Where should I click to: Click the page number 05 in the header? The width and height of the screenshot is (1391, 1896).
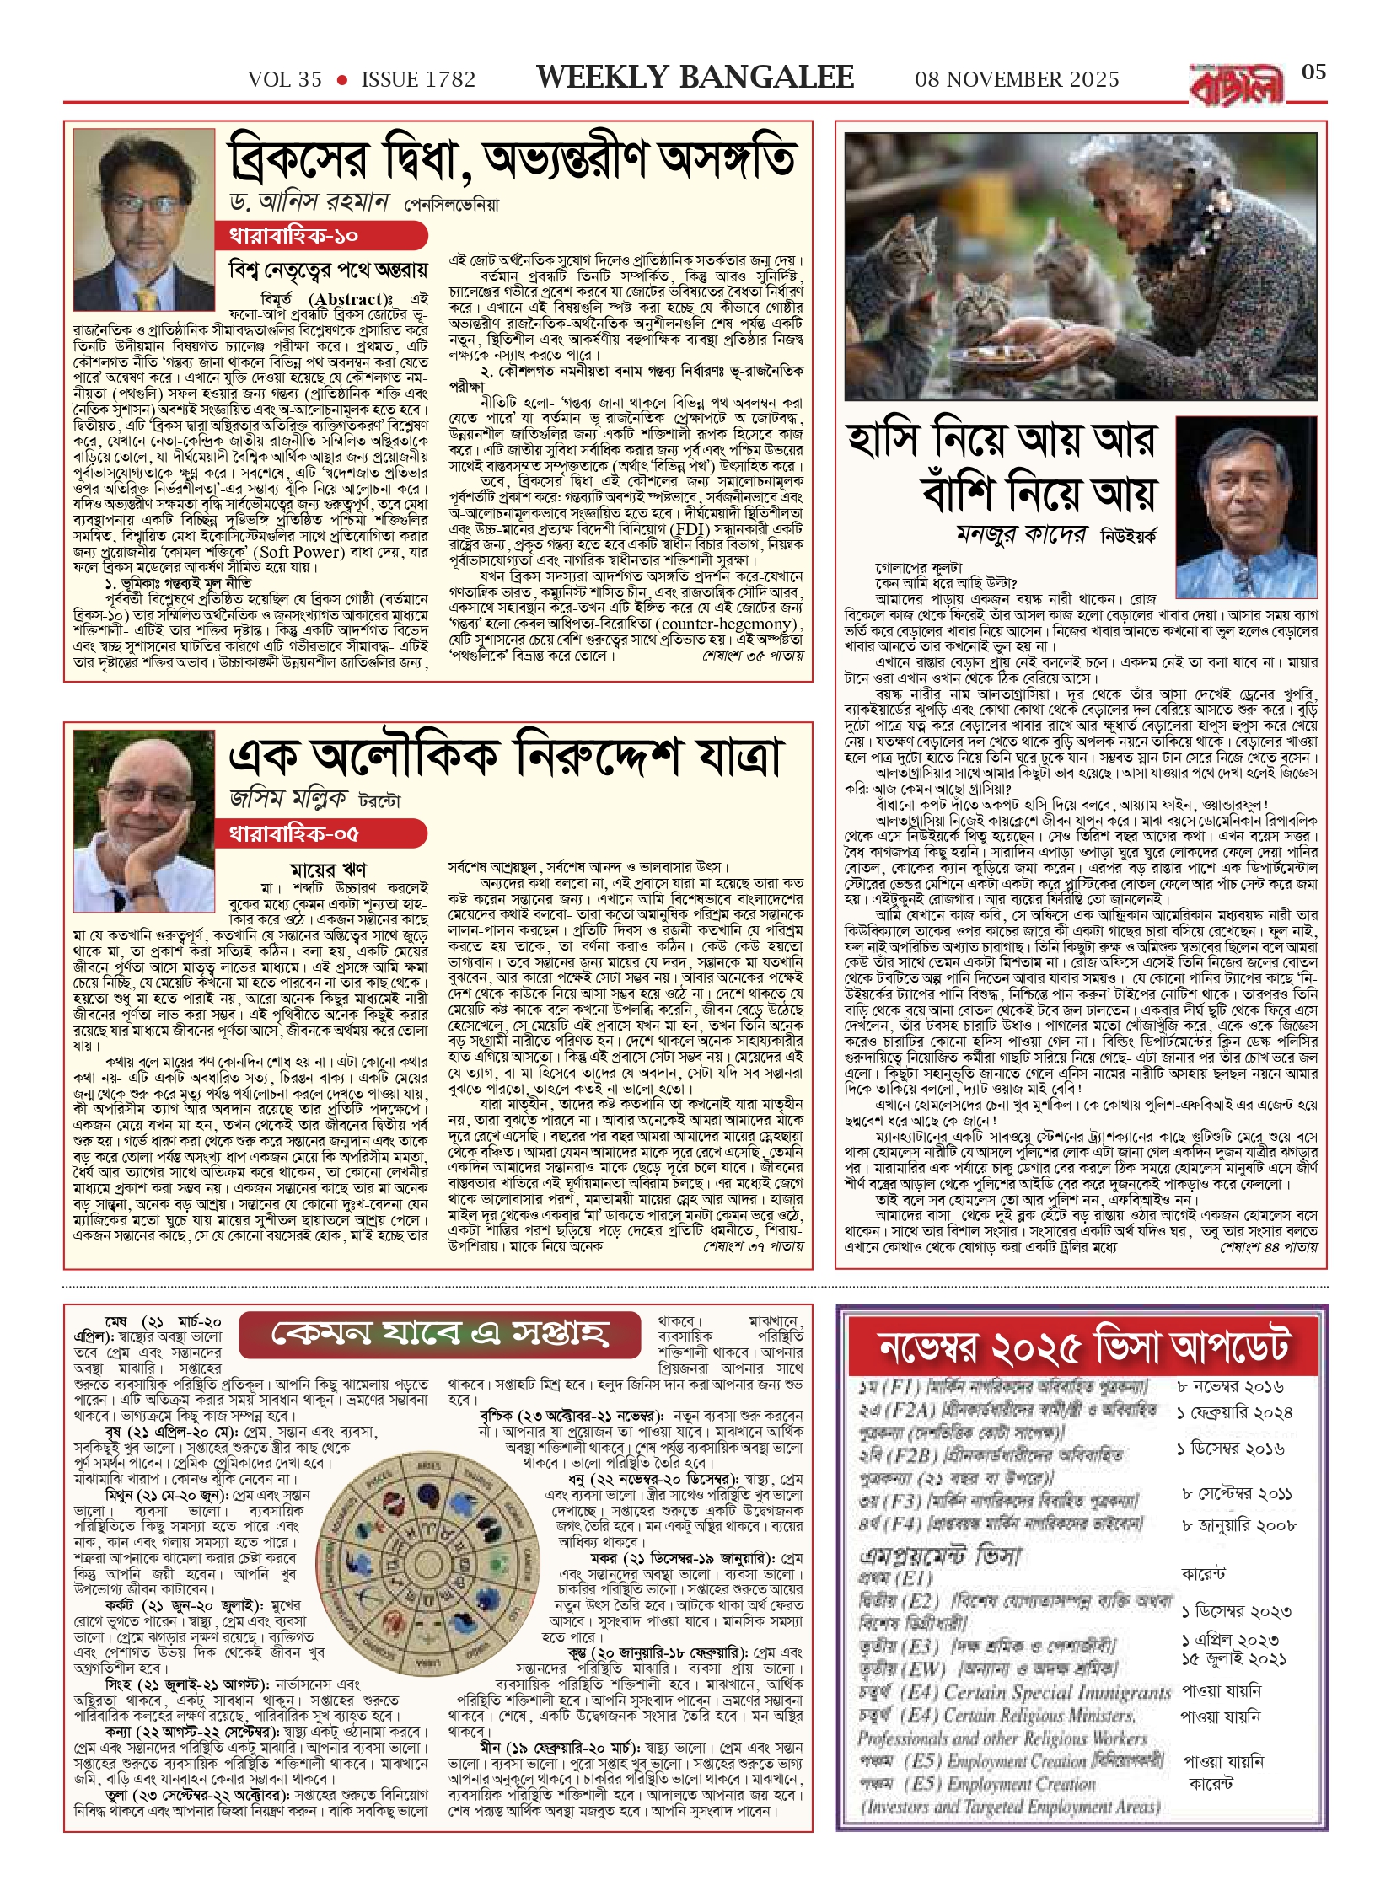pyautogui.click(x=1313, y=72)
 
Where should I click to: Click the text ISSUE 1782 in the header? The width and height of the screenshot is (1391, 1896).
pyautogui.click(x=418, y=80)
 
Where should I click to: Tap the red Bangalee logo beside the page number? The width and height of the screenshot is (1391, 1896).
pyautogui.click(x=1237, y=85)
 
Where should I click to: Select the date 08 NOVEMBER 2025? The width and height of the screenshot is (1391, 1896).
pyautogui.click(x=1017, y=80)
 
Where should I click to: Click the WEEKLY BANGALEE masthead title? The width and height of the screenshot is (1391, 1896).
pyautogui.click(x=695, y=78)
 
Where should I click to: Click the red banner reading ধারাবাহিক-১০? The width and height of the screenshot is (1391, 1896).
pyautogui.click(x=320, y=236)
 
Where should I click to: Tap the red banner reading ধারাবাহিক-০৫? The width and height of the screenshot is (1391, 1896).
pyautogui.click(x=320, y=834)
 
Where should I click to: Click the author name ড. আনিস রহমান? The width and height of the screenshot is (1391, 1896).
pyautogui.click(x=309, y=203)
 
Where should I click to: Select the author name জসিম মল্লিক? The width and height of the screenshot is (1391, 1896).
pyautogui.click(x=288, y=798)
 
